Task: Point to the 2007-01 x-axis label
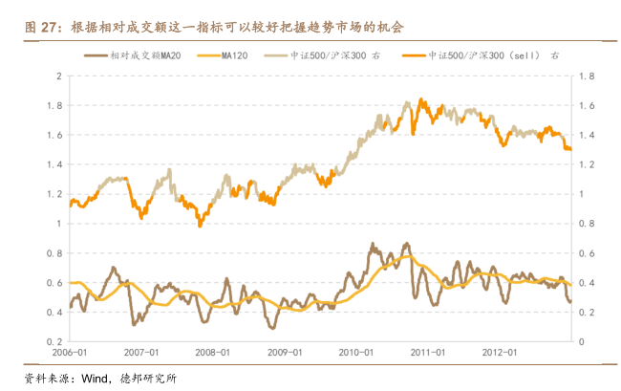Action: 142,351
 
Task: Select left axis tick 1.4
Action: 55,164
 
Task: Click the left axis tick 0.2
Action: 55,341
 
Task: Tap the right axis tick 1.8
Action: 588,76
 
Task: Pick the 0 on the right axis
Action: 582,341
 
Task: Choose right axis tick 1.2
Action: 588,164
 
